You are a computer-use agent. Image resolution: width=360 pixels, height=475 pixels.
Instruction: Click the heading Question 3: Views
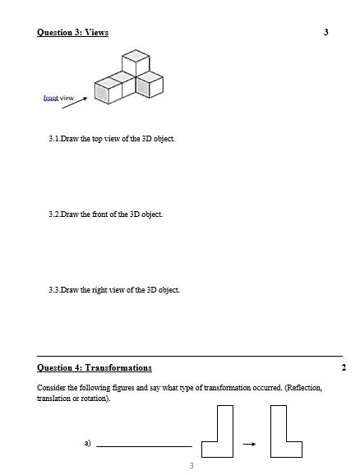[x=72, y=32]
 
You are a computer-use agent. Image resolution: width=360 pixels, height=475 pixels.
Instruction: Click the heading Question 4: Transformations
[x=95, y=367]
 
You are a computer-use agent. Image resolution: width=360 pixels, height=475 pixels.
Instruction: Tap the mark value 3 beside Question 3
[x=326, y=32]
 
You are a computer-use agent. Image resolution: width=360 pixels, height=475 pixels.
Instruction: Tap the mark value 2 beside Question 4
[x=343, y=367]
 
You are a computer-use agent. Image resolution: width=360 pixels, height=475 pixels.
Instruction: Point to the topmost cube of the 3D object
[x=135, y=62]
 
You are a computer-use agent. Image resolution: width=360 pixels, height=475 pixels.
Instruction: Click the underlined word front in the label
[x=50, y=98]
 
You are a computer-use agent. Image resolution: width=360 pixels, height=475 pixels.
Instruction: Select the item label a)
[x=87, y=443]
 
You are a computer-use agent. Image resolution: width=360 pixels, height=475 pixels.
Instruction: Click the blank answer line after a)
[x=144, y=446]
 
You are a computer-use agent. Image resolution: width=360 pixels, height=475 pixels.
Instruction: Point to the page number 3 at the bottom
[x=191, y=466]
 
